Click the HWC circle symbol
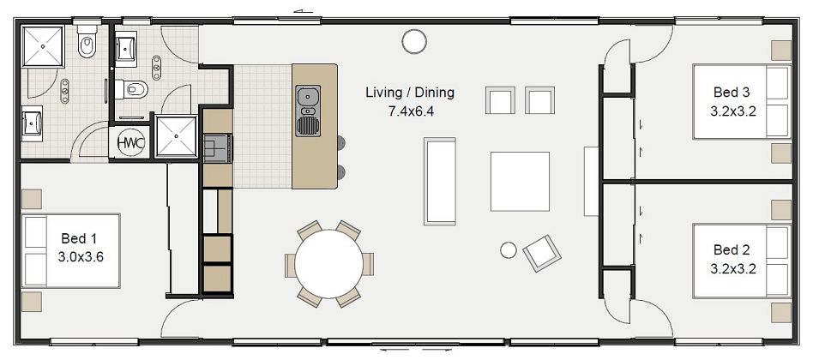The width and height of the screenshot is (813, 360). [x=129, y=141]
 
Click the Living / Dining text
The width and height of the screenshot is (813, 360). [x=409, y=93]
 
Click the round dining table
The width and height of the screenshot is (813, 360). [x=329, y=263]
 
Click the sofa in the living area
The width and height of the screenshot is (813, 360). [x=441, y=181]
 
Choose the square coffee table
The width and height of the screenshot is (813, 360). [x=520, y=181]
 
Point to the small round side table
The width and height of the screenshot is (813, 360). [x=508, y=249]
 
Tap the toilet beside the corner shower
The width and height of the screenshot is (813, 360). [x=87, y=44]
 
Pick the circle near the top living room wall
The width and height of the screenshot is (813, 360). [x=414, y=40]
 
